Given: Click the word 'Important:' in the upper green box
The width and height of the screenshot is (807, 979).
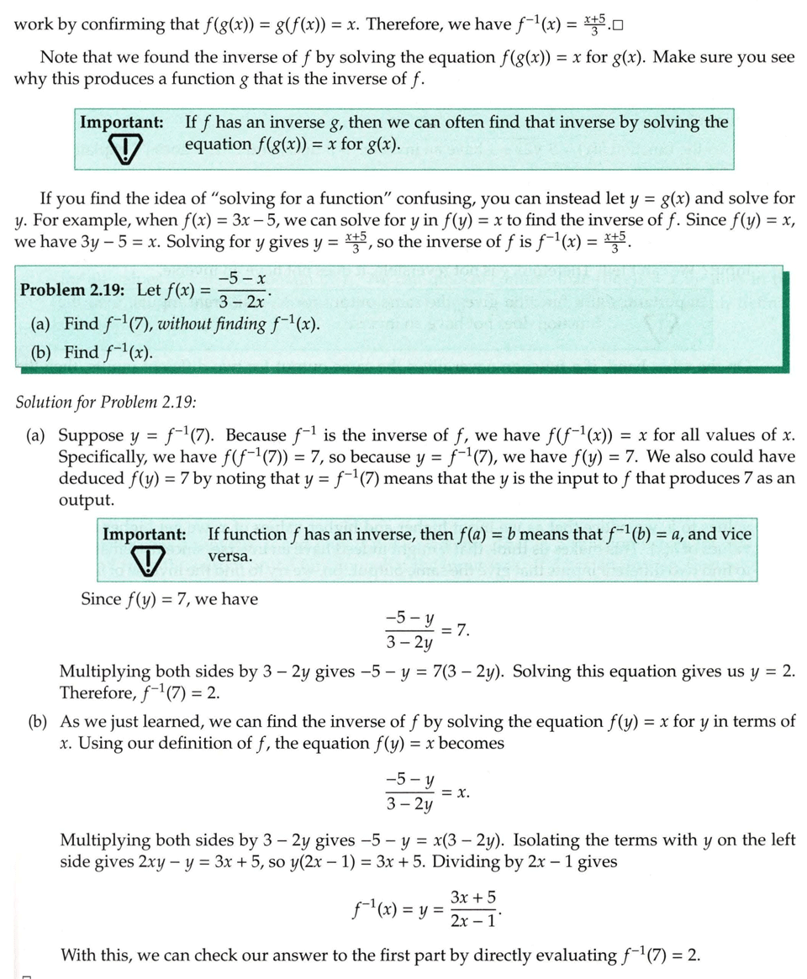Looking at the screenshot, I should tap(121, 122).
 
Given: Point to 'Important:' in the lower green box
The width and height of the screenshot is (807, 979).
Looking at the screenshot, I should tap(144, 534).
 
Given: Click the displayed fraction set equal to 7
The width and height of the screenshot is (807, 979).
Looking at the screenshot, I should tap(409, 631).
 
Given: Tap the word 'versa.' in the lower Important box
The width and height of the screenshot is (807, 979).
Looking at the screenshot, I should tap(229, 556).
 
